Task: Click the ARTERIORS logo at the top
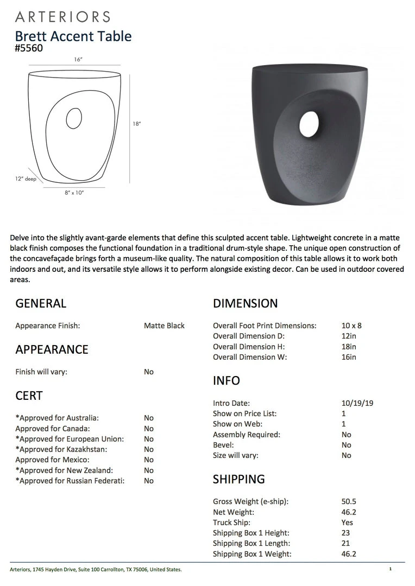coord(62,17)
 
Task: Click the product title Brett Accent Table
coord(73,36)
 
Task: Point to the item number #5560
coord(29,48)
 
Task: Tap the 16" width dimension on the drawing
coord(78,60)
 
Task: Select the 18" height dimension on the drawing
coord(137,124)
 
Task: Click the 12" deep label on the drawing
coord(26,179)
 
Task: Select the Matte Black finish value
coord(164,326)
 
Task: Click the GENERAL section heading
coord(41,303)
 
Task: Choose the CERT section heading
coord(29,396)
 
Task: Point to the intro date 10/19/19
coord(357,403)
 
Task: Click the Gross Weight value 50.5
coord(349,501)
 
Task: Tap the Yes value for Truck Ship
coord(347,523)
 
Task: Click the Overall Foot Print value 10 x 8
coord(351,326)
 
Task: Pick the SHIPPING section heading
coord(239,479)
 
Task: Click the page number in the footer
coord(390,569)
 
